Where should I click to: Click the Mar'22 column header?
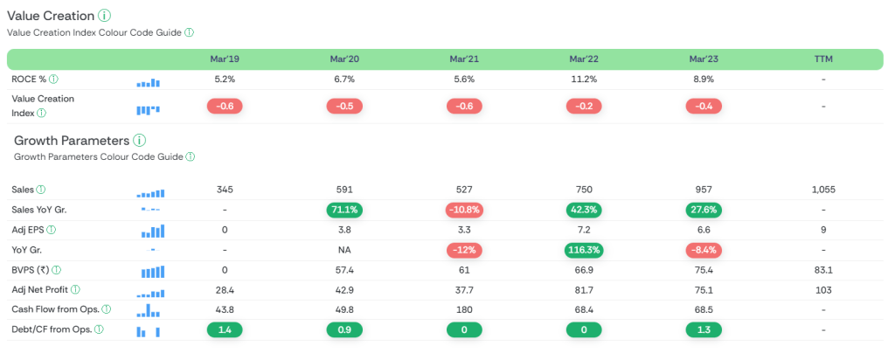pos(583,59)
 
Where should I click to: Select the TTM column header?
pos(823,59)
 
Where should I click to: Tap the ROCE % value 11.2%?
pos(583,80)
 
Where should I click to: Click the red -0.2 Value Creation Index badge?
pos(583,106)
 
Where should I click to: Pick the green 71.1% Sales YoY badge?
pos(343,210)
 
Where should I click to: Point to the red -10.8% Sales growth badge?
pos(463,210)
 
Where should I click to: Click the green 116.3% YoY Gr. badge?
pos(583,250)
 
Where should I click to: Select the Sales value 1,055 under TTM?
pos(823,190)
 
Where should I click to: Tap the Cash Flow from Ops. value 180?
pos(463,310)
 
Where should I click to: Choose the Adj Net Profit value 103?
pos(823,290)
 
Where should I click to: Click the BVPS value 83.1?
pos(823,270)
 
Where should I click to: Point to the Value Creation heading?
pos(51,16)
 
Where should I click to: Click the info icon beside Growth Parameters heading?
pos(140,141)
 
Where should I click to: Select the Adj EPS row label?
pos(29,230)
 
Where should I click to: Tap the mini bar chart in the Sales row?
pos(149,191)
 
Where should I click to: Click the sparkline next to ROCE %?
pos(149,81)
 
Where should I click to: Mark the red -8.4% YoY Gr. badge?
pos(703,250)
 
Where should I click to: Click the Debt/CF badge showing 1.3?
pos(703,330)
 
